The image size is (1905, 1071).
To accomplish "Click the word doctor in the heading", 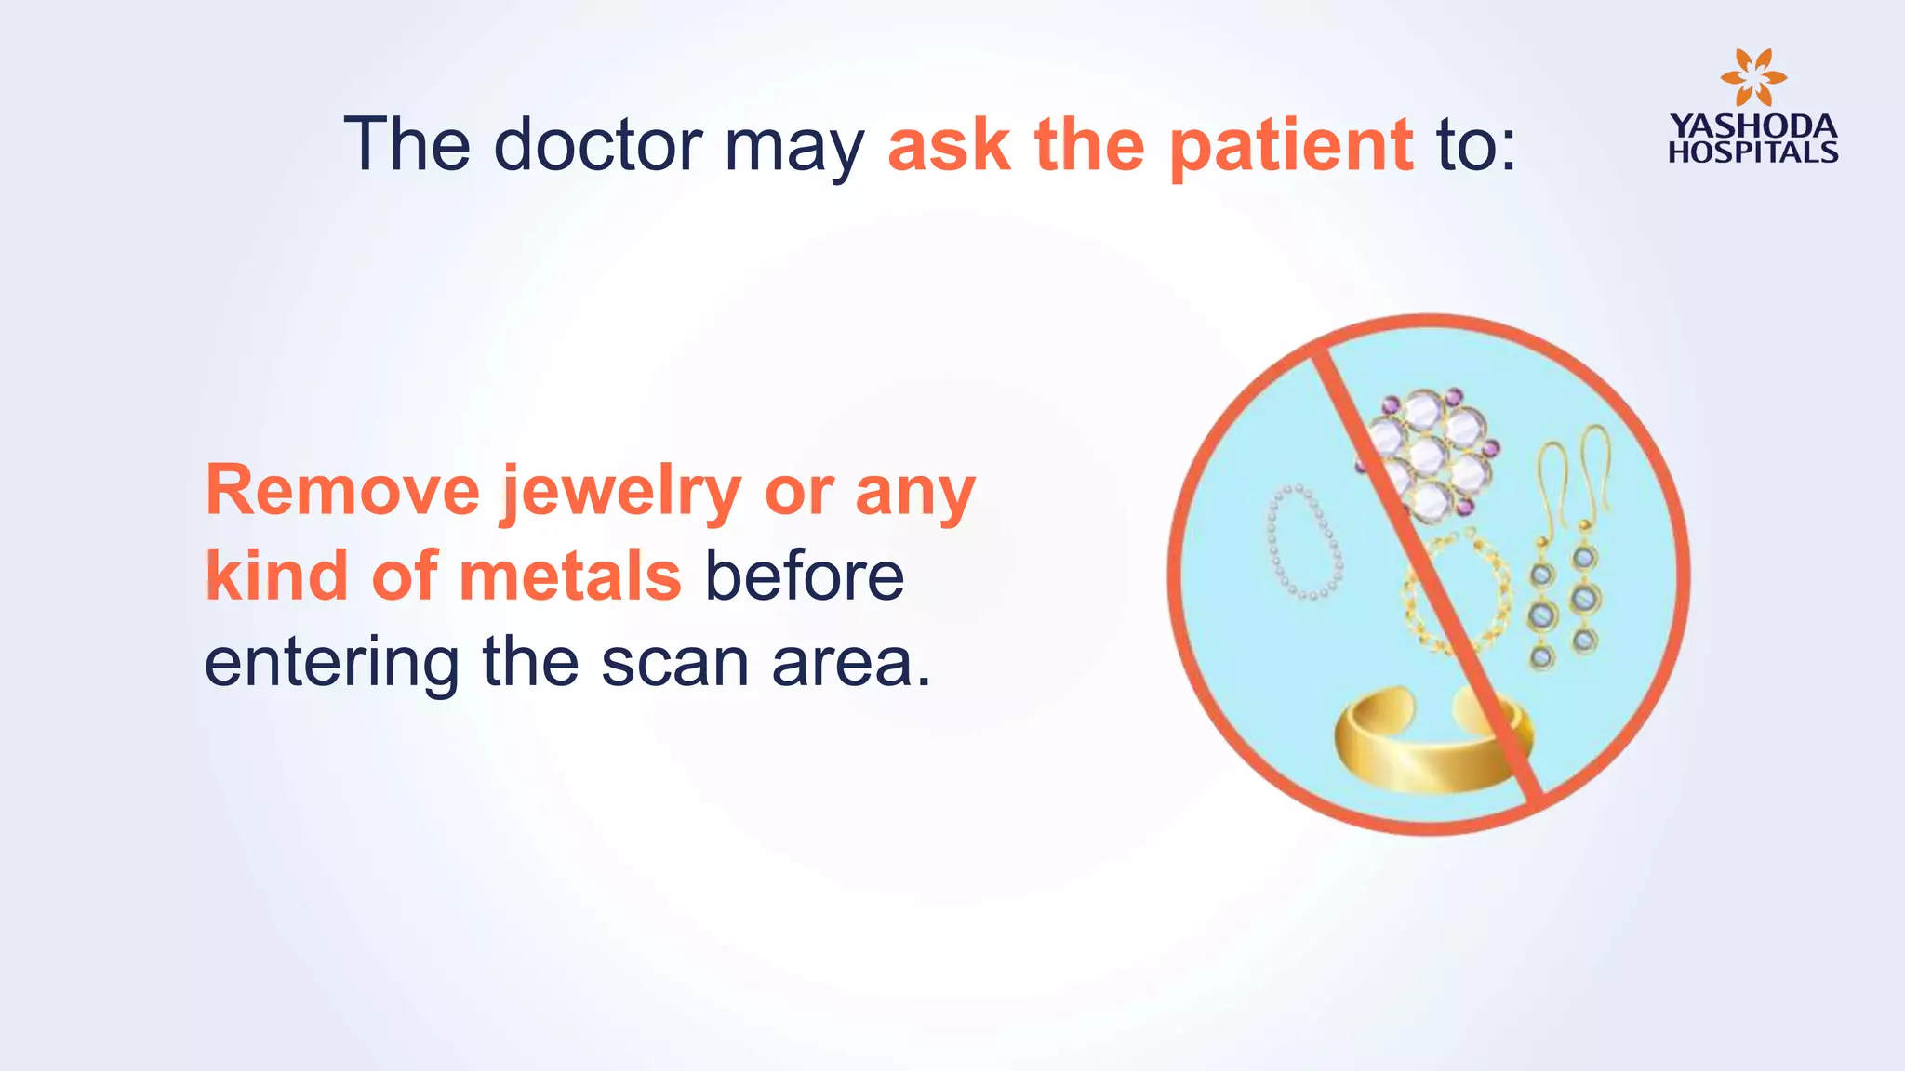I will pyautogui.click(x=597, y=145).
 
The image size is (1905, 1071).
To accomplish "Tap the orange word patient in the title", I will pyautogui.click(x=1291, y=147).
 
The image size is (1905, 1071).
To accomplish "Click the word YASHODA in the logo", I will pyautogui.click(x=1752, y=126).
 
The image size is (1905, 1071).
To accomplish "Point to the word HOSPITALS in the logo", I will pyautogui.click(x=1752, y=152).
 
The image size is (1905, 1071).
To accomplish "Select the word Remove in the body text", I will pyautogui.click(x=342, y=491).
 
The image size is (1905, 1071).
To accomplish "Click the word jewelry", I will pyautogui.click(x=621, y=493).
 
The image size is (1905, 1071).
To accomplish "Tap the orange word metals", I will pyautogui.click(x=570, y=576).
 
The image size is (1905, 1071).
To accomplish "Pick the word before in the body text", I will pyautogui.click(x=804, y=576).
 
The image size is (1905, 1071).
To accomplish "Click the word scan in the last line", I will pyautogui.click(x=674, y=662).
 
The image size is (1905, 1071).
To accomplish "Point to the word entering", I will pyautogui.click(x=332, y=664).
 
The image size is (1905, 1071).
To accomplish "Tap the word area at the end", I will pyautogui.click(x=850, y=664).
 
